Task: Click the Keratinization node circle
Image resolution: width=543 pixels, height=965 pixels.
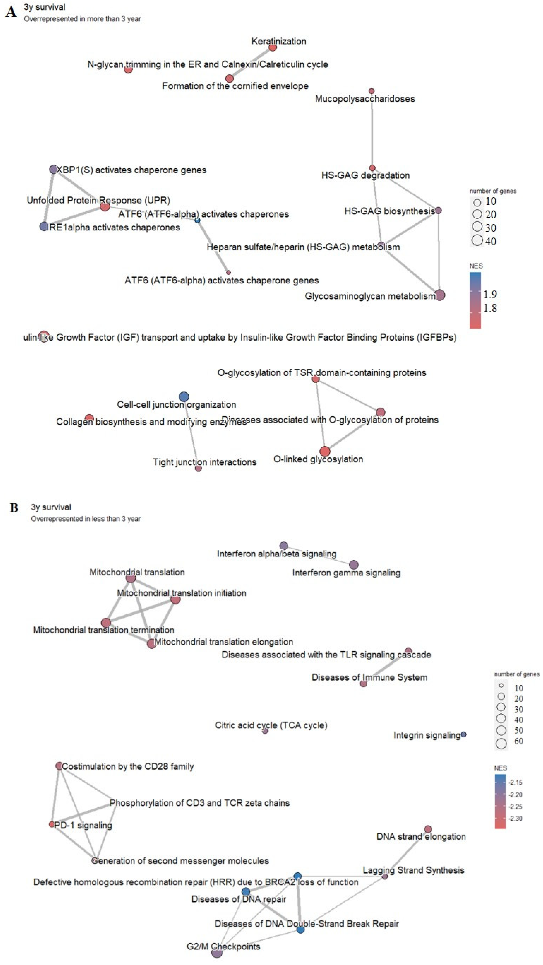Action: click(x=273, y=48)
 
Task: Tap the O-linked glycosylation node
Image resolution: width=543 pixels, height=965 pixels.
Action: click(x=325, y=451)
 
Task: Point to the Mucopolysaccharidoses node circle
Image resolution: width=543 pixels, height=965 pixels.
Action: click(x=371, y=91)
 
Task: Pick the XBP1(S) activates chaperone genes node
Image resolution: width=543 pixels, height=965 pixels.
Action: click(x=54, y=169)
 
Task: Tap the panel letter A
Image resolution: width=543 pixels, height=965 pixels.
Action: click(x=11, y=12)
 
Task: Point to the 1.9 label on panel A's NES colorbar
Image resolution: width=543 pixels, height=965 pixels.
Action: click(x=490, y=294)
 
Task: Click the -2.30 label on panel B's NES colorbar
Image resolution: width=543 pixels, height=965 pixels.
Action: click(x=515, y=818)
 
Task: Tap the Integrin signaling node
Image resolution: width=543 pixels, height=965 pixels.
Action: click(x=464, y=735)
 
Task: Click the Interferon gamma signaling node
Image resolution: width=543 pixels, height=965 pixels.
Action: click(x=354, y=564)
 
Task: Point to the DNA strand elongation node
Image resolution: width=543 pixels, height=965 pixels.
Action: click(x=428, y=829)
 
